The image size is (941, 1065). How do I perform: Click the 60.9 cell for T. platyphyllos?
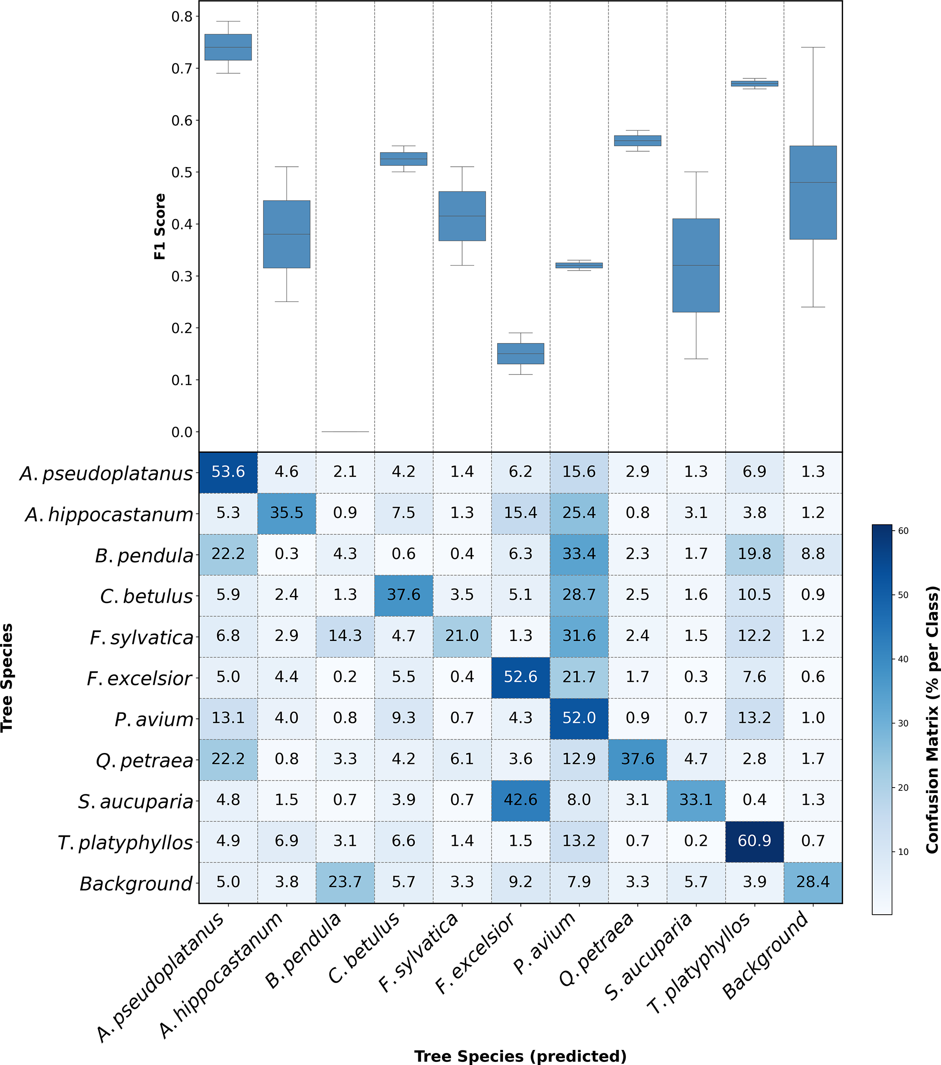[x=754, y=841]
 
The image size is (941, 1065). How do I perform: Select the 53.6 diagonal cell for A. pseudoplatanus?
[x=228, y=472]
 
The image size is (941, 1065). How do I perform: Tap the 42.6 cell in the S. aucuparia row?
[x=520, y=800]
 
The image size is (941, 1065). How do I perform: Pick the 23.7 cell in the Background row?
[x=345, y=882]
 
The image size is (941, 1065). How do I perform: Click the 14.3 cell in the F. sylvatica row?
[x=345, y=635]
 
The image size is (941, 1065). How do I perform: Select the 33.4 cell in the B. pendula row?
[x=579, y=554]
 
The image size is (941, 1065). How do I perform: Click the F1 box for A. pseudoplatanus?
[x=228, y=47]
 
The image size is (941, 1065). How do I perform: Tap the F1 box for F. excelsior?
[x=520, y=354]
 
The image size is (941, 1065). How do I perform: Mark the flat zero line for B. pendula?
[x=345, y=431]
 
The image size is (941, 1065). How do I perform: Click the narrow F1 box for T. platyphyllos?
[x=754, y=83]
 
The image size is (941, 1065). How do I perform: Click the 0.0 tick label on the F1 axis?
[x=182, y=432]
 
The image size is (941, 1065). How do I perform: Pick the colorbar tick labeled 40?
[x=903, y=659]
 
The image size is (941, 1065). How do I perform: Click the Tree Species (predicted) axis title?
[x=520, y=1055]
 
